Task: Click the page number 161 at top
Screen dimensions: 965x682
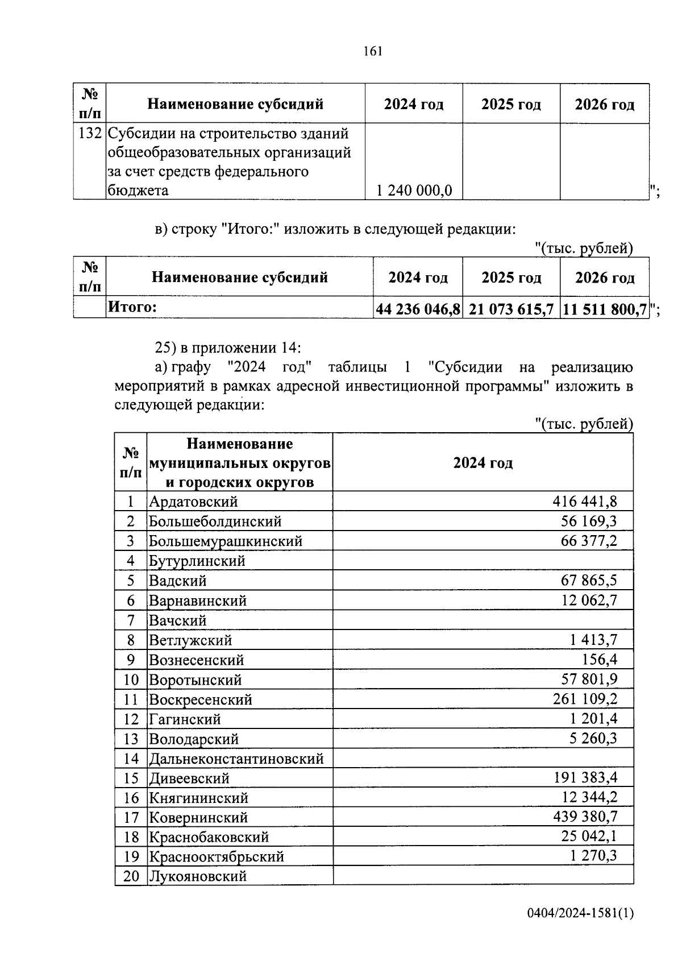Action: pos(373,51)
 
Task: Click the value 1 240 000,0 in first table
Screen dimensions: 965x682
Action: pos(414,190)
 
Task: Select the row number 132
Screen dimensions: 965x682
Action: pos(90,134)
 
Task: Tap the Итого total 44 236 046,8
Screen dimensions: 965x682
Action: pos(418,309)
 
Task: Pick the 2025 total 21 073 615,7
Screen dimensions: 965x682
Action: pos(511,309)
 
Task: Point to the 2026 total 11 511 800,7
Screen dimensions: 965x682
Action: pos(605,309)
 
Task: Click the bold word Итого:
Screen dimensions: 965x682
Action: pos(132,307)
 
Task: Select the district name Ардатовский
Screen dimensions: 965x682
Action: pos(193,502)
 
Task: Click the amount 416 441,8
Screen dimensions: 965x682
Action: pos(584,501)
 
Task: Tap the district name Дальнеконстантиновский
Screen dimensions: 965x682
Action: pos(236,759)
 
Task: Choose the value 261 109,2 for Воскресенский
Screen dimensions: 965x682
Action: pos(585,699)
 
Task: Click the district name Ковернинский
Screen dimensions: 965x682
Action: pos(198,818)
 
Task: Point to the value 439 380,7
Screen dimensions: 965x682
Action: pos(585,817)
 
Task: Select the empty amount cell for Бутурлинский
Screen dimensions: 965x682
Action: pos(483,561)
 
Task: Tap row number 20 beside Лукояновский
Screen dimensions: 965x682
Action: pos(131,876)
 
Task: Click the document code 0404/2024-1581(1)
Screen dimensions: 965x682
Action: pos(580,913)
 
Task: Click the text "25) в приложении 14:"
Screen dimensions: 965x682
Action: pos(228,347)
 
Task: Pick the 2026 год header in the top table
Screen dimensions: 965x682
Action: pos(604,105)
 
